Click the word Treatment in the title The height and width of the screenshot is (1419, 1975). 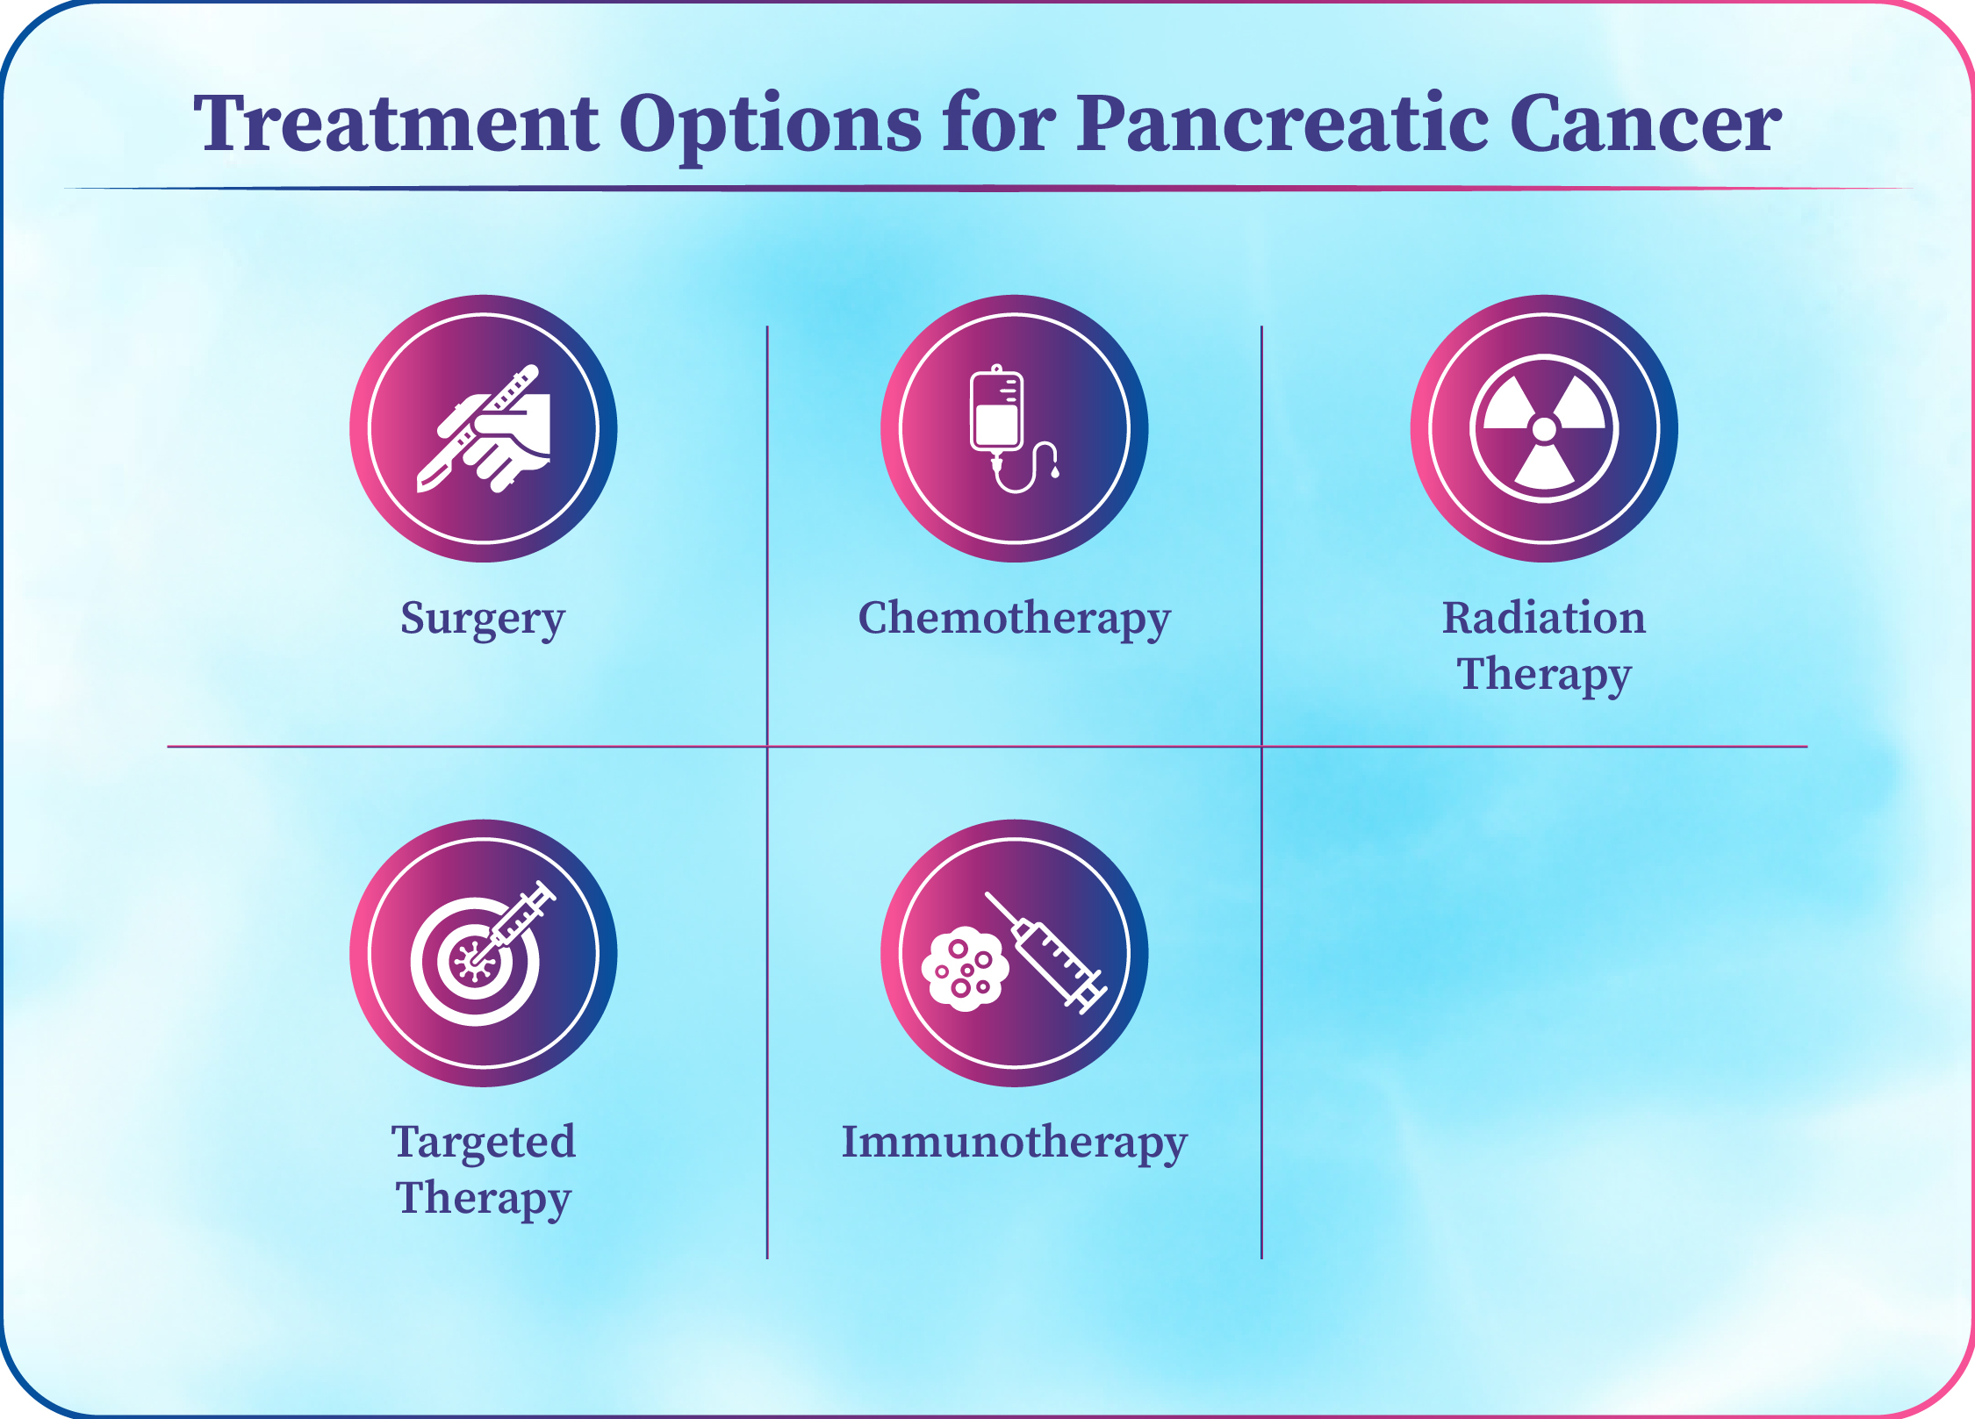point(396,124)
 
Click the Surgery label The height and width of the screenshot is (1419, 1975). point(483,620)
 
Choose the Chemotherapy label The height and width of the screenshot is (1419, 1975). point(1015,620)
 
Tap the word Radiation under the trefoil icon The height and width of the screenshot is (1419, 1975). point(1544,618)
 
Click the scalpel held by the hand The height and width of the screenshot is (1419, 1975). point(477,428)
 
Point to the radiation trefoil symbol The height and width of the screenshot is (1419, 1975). point(1544,429)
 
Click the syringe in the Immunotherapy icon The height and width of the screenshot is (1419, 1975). point(1046,953)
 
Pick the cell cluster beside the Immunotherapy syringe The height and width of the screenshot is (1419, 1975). point(965,969)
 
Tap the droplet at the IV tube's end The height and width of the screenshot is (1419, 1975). point(1055,472)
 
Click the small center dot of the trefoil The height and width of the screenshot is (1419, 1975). point(1544,429)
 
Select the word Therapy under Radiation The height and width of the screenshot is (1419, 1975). point(1544,676)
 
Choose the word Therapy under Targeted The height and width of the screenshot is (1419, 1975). point(484,1200)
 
